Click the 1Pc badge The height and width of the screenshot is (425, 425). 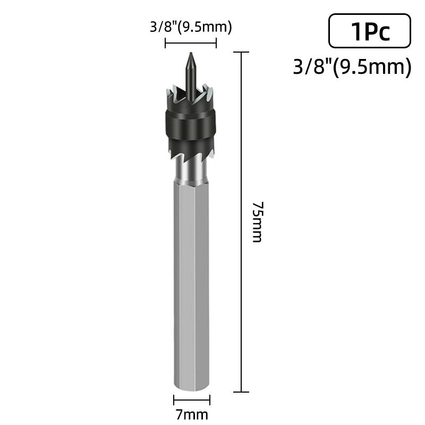370,31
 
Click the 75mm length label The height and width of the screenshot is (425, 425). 257,222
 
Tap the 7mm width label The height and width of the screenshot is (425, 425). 192,414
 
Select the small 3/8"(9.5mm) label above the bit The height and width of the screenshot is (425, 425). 191,27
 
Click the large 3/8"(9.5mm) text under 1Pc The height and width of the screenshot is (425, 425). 352,67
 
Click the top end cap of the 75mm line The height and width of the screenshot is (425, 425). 242,52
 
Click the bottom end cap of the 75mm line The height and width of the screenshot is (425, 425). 242,392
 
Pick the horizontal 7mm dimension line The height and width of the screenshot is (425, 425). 192,400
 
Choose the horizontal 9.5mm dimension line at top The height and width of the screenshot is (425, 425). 191,43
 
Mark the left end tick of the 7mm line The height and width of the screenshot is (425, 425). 174,400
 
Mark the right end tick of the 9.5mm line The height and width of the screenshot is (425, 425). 216,43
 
